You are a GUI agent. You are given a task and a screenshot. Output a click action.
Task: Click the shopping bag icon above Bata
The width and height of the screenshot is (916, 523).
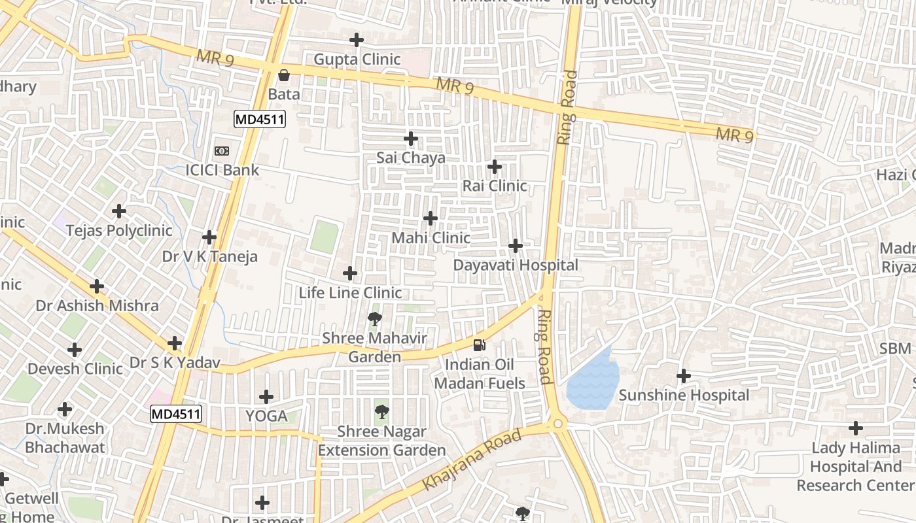[x=284, y=75]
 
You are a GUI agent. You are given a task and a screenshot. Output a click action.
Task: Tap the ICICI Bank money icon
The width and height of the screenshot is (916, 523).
[x=222, y=151]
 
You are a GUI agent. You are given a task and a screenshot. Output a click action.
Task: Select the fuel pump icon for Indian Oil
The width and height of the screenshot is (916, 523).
[x=480, y=345]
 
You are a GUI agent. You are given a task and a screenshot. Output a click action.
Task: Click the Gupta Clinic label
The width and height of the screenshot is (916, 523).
[x=357, y=59]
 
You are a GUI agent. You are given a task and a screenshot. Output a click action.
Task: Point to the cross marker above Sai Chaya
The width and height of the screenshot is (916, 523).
[x=411, y=139]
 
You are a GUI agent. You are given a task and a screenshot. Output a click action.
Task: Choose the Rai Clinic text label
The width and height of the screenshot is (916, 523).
[x=495, y=186]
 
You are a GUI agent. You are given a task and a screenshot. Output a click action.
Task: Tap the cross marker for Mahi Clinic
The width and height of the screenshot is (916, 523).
[x=431, y=218]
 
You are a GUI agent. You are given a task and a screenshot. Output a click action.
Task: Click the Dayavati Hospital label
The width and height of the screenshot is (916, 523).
[x=516, y=265]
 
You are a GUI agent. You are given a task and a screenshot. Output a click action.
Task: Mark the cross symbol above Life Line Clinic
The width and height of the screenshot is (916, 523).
[x=350, y=273]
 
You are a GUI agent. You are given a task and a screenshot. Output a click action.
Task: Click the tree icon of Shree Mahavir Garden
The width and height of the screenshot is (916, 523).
[x=374, y=319]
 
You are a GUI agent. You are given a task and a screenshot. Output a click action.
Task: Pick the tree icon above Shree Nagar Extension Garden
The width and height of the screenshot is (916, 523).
[x=381, y=412]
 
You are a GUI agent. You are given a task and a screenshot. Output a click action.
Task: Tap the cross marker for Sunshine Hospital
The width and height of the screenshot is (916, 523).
[x=684, y=376]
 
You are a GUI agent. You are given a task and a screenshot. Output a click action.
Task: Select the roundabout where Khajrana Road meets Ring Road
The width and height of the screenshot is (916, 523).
[x=557, y=424]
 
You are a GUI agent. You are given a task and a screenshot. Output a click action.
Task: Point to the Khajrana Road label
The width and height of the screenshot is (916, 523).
[x=472, y=459]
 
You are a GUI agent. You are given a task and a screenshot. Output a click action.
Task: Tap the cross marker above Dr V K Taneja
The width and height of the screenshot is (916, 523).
[x=209, y=237]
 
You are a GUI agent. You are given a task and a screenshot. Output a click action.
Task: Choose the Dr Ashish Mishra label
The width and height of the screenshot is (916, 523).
[x=97, y=305]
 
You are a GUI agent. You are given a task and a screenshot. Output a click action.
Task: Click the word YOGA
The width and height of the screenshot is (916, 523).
[x=266, y=416]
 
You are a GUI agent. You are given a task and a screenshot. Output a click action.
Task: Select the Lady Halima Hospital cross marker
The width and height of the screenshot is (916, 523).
[x=856, y=429]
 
